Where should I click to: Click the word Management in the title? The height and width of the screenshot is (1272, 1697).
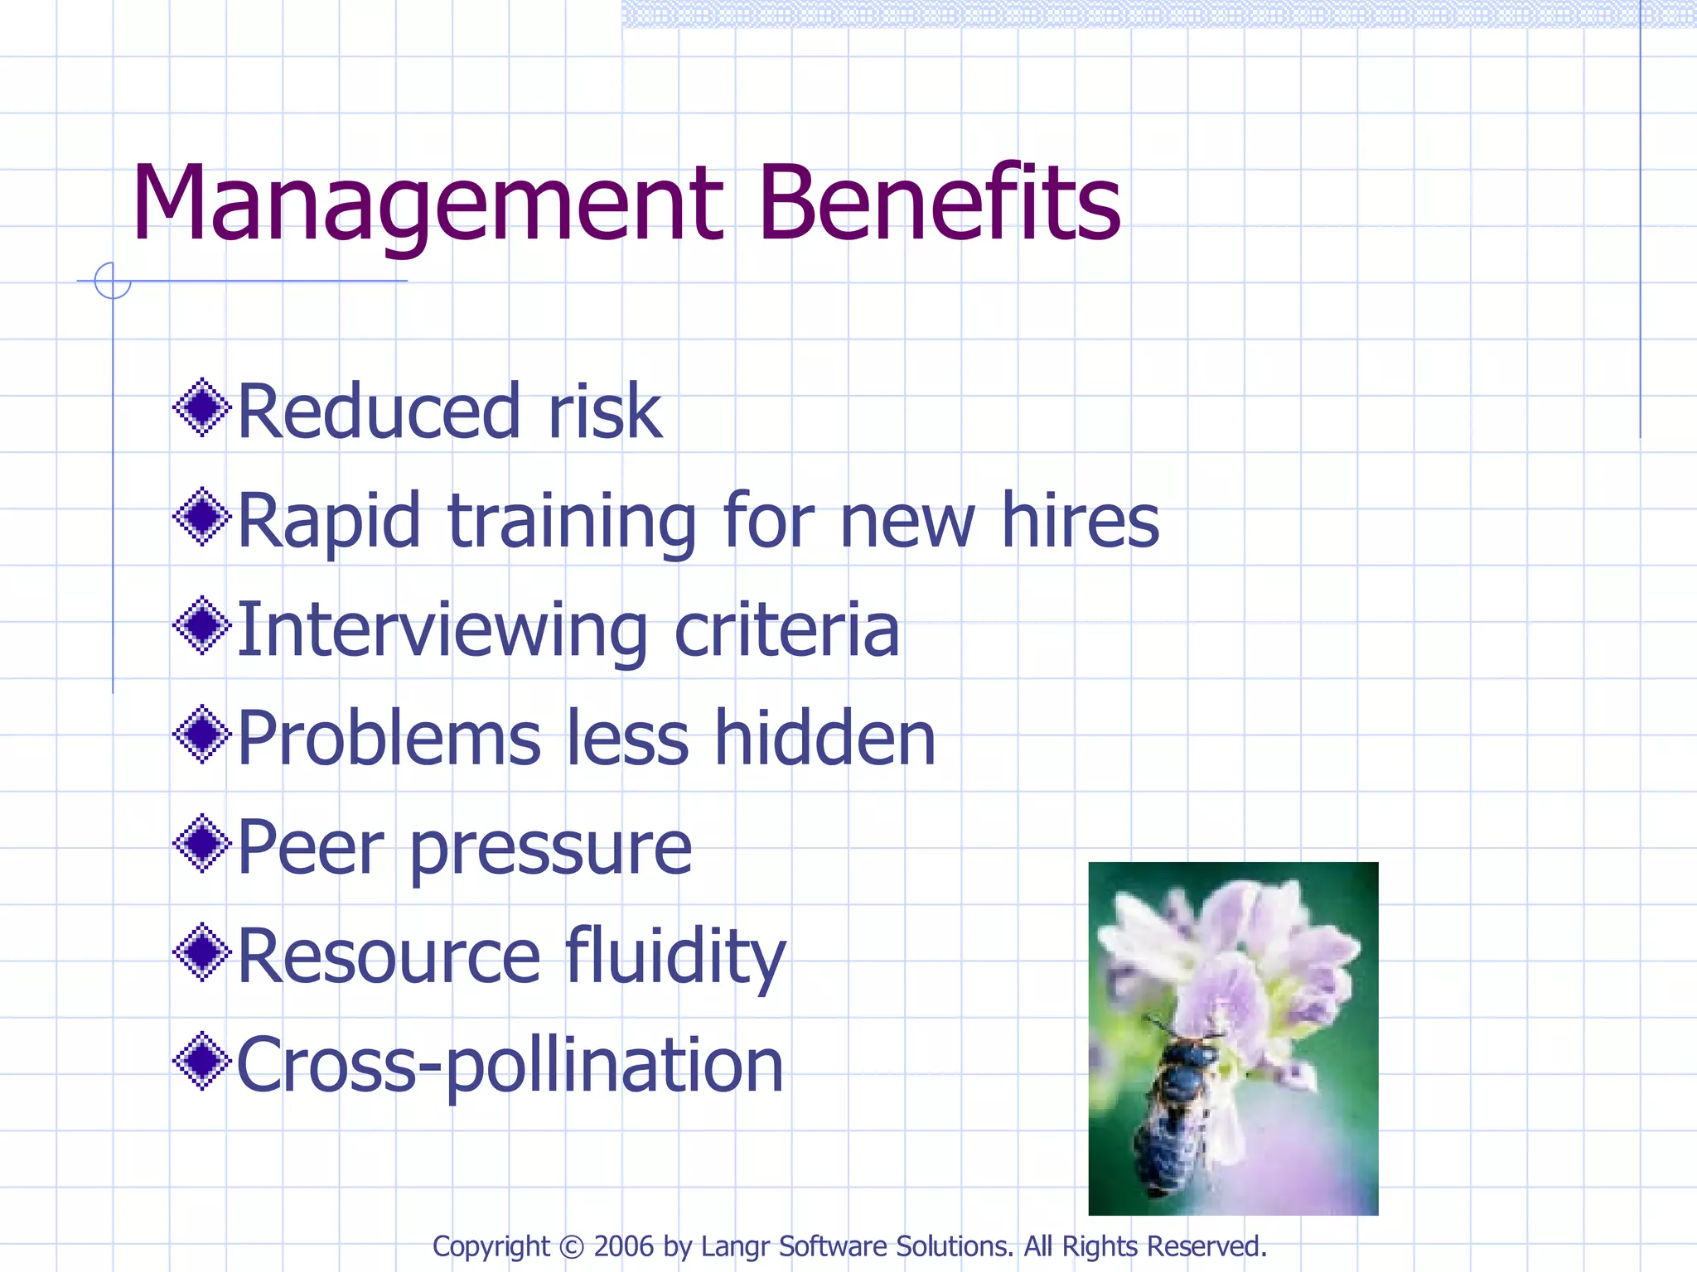point(428,205)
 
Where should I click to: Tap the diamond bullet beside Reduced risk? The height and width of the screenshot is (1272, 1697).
point(201,407)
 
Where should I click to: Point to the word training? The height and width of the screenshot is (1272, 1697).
point(573,522)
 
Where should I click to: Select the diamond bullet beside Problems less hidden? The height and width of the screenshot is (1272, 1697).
point(201,735)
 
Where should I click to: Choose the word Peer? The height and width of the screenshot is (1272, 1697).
point(312,847)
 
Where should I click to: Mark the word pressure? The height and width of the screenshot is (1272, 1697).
point(551,850)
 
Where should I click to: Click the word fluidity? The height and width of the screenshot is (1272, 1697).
point(676,957)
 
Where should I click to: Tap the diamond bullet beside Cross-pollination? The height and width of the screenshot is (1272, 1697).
point(201,1062)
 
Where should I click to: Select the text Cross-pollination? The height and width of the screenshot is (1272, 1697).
point(510,1066)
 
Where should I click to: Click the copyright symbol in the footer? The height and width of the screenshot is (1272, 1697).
point(572,1247)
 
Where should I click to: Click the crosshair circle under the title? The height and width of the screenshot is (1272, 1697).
point(113,281)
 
